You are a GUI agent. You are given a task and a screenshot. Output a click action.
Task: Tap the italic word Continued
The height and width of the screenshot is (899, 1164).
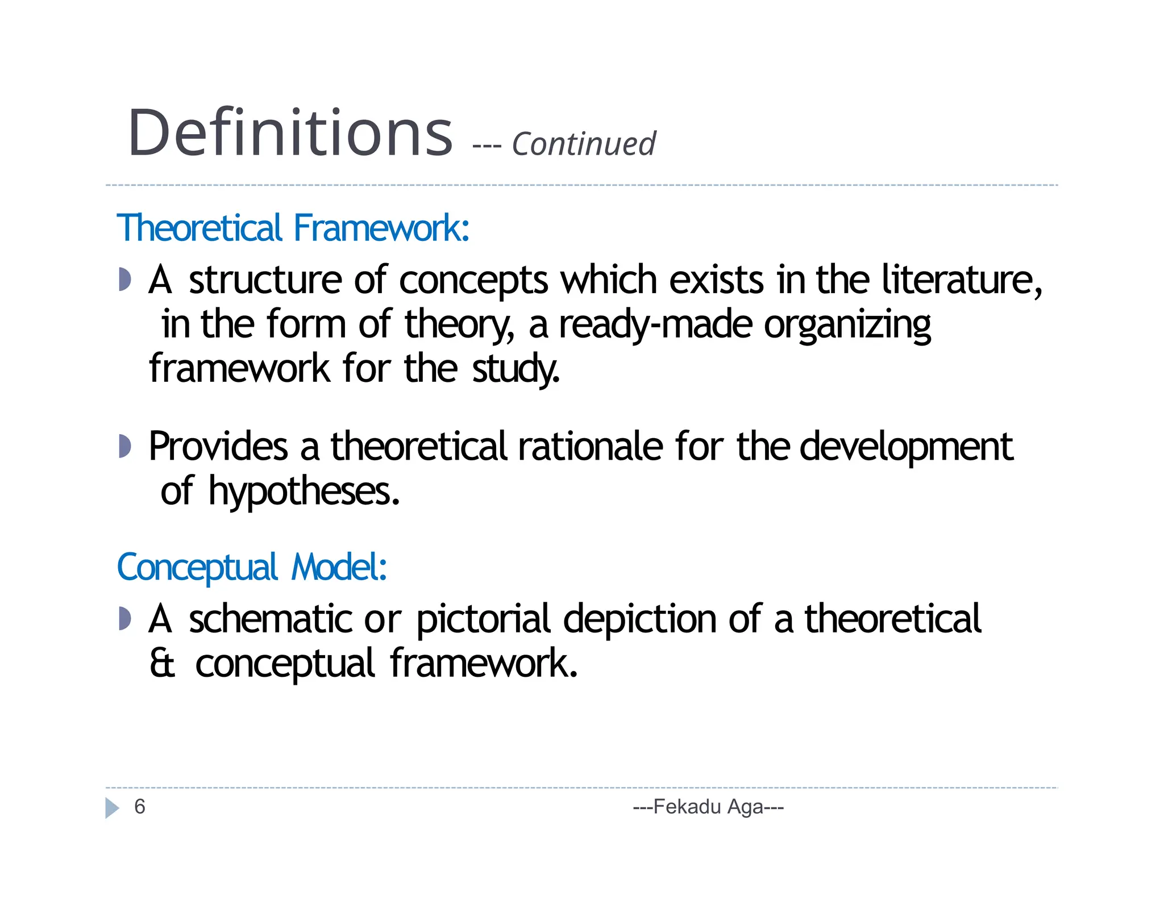(x=584, y=144)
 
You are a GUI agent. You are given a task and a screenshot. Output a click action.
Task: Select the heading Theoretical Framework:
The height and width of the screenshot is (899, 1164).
(x=293, y=228)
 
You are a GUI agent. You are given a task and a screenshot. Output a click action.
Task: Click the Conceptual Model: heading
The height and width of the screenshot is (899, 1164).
(x=252, y=567)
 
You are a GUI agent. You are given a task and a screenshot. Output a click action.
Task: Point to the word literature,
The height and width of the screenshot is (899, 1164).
(x=962, y=280)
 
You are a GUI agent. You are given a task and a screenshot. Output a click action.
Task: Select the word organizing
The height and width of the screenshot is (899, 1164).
(x=847, y=326)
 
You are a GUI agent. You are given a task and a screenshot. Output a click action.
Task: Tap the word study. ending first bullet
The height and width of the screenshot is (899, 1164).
(x=516, y=369)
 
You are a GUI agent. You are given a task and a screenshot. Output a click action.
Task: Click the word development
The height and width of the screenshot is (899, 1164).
(x=906, y=448)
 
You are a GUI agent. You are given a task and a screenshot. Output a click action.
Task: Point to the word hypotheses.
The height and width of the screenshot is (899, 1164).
(x=304, y=492)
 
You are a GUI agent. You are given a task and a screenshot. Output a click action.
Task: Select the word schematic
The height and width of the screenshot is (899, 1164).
(x=270, y=619)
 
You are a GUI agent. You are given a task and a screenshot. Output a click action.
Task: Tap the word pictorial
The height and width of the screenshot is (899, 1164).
(x=483, y=620)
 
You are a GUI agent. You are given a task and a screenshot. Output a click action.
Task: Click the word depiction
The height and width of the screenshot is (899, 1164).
(x=639, y=620)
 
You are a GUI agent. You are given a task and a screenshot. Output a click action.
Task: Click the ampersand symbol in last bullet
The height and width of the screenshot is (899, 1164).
(x=163, y=663)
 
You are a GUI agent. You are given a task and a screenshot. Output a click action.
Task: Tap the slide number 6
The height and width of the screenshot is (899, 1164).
(x=140, y=806)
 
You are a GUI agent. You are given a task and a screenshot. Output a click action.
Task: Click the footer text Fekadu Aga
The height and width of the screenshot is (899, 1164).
(x=708, y=806)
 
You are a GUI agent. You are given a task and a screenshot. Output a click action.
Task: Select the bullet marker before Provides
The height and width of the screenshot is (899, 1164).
(x=125, y=446)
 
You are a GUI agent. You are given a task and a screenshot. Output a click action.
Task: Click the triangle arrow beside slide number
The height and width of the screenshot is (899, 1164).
(x=112, y=808)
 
